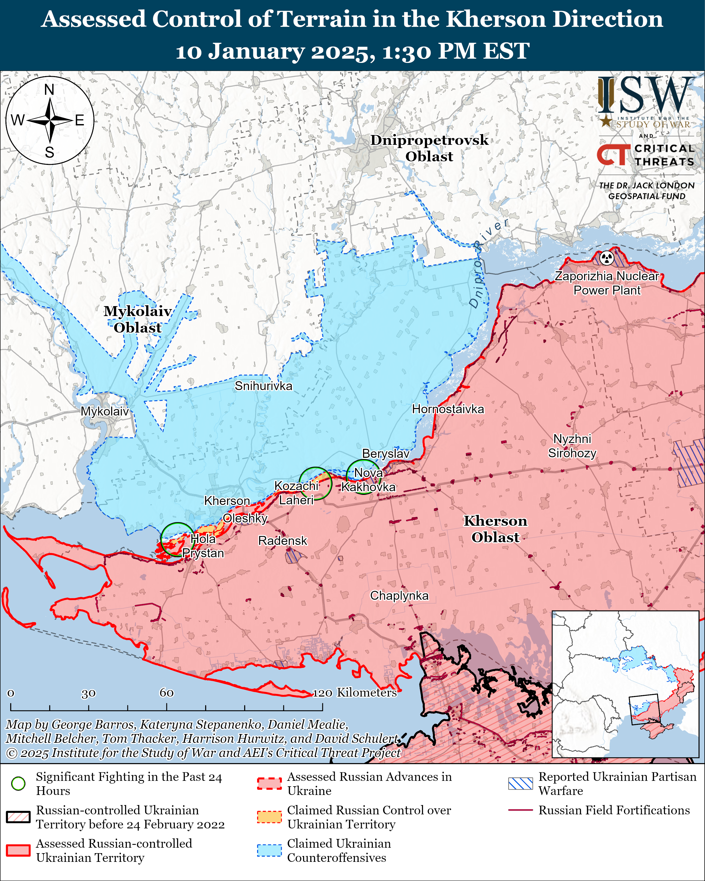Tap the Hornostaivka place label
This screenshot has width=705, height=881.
[448, 409]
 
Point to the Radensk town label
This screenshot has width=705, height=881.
[282, 541]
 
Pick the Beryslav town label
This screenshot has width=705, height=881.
[385, 454]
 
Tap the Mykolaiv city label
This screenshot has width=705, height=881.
[105, 411]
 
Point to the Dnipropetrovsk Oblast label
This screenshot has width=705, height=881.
[429, 148]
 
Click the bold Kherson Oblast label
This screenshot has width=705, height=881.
[495, 529]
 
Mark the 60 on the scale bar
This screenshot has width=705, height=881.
[166, 693]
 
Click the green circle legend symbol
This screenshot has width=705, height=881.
[18, 783]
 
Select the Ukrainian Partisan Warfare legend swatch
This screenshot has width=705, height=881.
[520, 783]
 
